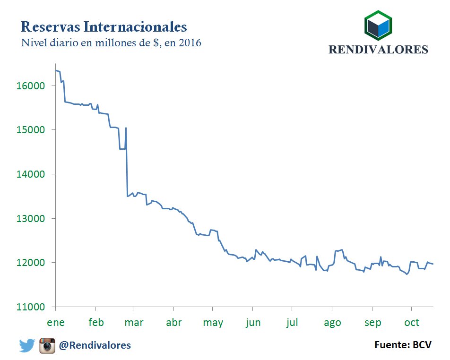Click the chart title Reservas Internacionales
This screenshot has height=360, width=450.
click(x=104, y=26)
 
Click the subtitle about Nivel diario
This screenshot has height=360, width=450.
click(x=111, y=43)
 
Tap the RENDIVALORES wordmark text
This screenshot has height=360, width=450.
click(x=378, y=50)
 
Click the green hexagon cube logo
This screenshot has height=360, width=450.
click(x=378, y=26)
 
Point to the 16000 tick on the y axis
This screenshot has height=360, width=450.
click(x=31, y=86)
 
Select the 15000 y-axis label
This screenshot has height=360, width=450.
click(x=31, y=130)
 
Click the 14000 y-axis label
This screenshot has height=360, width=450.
click(x=31, y=174)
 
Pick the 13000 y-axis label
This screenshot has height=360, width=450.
click(x=31, y=219)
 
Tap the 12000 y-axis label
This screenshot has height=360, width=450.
click(x=31, y=263)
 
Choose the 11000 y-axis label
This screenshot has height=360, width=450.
click(x=31, y=307)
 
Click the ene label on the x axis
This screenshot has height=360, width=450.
click(x=56, y=323)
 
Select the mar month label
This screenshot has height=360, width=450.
click(x=134, y=323)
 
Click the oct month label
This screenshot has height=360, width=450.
click(x=412, y=323)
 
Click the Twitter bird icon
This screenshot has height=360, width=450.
click(x=27, y=346)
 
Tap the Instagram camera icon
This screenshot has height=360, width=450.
click(x=47, y=346)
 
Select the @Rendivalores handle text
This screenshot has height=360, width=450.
click(x=95, y=346)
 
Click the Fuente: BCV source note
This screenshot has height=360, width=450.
click(x=403, y=345)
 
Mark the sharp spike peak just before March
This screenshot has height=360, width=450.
click(x=126, y=128)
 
